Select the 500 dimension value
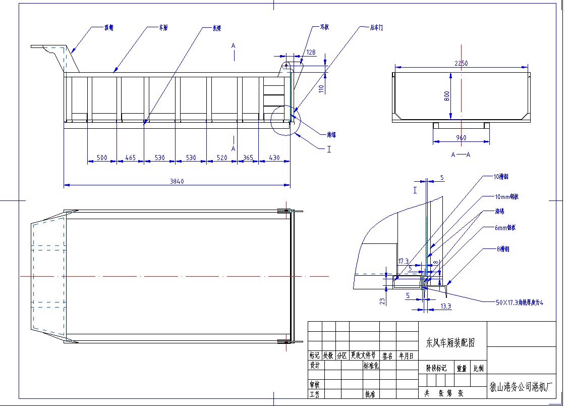[x=102, y=158]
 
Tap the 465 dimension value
[x=131, y=158]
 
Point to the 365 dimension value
[x=248, y=158]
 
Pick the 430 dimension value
[x=274, y=158]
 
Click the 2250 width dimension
[x=462, y=63]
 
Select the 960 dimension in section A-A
[x=461, y=137]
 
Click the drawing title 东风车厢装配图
[x=450, y=343]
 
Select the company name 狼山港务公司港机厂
[x=522, y=388]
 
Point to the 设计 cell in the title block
[x=315, y=365]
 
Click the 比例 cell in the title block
[x=478, y=369]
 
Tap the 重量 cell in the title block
[x=462, y=369]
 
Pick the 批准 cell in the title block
[x=370, y=393]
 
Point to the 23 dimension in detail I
[x=383, y=301]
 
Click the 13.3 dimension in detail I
[x=445, y=306]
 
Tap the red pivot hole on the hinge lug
[x=285, y=65]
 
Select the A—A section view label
[x=461, y=155]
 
